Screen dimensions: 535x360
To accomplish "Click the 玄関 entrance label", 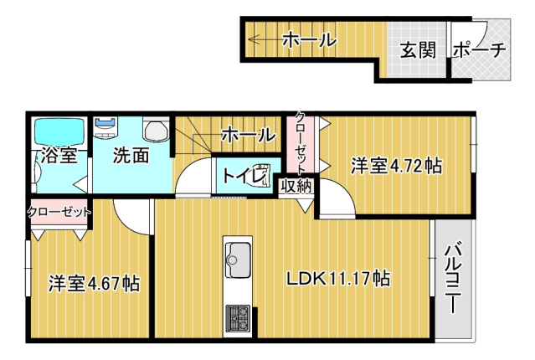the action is point(418,50).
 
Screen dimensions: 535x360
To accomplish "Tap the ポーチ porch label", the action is point(480,50).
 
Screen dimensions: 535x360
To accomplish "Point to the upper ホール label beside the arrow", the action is point(310,39).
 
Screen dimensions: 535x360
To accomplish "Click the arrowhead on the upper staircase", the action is point(253,39).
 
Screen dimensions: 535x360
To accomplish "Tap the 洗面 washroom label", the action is point(131,155).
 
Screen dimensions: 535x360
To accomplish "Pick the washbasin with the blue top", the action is point(105,128).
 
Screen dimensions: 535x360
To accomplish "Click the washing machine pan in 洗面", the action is point(157,129).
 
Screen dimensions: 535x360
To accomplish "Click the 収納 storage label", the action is point(296,187).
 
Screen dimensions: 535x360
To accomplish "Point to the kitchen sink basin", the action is point(239,260).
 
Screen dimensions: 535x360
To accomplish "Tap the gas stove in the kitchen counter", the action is point(238,318).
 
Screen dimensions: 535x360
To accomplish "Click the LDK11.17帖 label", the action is point(338,278).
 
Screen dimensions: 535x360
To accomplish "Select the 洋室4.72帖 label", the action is point(397,166).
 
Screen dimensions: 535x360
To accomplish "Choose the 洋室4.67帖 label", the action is point(94,283).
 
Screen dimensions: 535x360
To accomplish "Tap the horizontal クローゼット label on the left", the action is point(59,212).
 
